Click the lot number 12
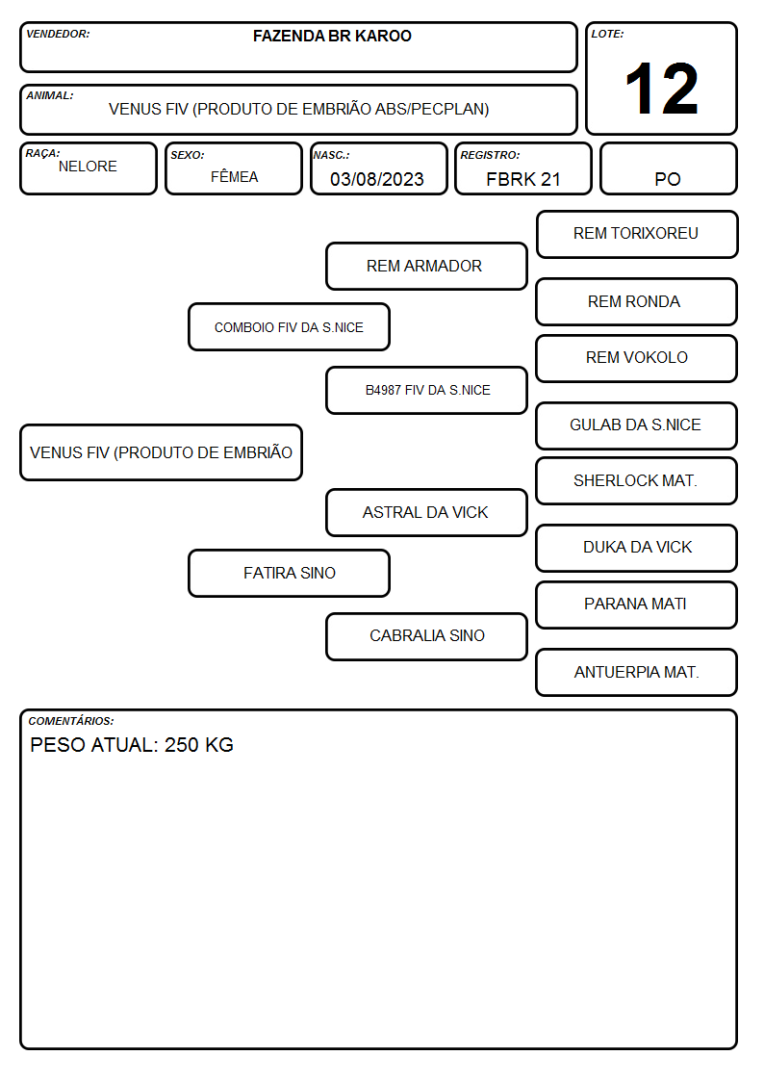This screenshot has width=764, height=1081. click(x=661, y=89)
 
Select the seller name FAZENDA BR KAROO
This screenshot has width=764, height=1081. click(x=332, y=36)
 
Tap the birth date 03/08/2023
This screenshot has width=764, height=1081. click(x=377, y=179)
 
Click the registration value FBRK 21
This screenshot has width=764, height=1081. click(x=522, y=179)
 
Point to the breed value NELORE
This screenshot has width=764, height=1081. click(x=88, y=167)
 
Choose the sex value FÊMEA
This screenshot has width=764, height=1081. click(x=234, y=176)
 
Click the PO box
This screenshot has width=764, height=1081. click(x=668, y=168)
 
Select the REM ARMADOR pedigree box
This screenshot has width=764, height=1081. click(x=426, y=266)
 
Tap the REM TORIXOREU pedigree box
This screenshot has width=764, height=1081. click(x=637, y=235)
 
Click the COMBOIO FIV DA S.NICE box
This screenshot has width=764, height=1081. click(x=290, y=326)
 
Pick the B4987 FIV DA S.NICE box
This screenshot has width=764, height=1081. click(x=426, y=390)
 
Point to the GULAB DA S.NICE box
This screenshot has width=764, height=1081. click(x=637, y=425)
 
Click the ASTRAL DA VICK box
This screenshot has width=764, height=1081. click(x=426, y=512)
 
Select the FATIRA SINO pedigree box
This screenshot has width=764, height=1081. click(x=290, y=573)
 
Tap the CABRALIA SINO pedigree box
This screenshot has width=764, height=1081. click(x=426, y=636)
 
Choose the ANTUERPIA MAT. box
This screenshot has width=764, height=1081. click(x=637, y=672)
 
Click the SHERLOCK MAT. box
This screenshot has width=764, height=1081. click(x=637, y=480)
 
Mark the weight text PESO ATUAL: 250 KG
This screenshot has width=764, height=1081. click(x=132, y=744)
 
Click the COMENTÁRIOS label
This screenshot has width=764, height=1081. click(x=71, y=721)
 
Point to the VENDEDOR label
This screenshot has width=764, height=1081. click(x=58, y=34)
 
